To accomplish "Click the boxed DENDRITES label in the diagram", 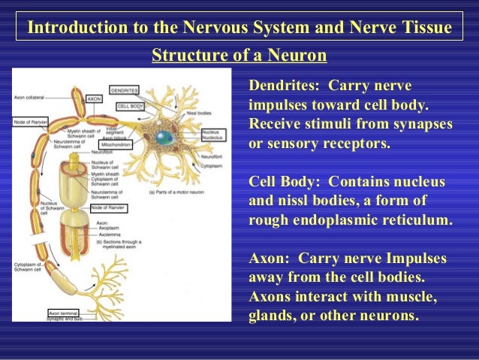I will [124, 90].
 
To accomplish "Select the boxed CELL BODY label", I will [130, 106].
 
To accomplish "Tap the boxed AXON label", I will [94, 98].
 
